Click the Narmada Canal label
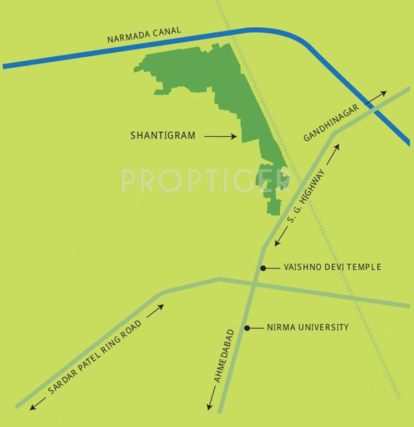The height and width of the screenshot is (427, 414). [x=144, y=36]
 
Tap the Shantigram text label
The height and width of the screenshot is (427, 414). [x=163, y=135]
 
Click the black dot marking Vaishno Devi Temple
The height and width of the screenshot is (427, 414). [x=263, y=267]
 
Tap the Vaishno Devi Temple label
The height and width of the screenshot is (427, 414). [x=332, y=267]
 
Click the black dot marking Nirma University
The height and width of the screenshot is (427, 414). [x=248, y=327]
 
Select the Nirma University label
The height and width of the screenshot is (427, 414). [x=307, y=327]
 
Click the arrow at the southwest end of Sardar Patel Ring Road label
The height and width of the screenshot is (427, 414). [x=38, y=404]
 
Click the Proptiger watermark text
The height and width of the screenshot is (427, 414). [x=205, y=180]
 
